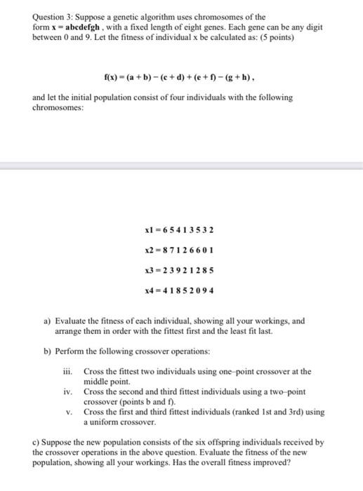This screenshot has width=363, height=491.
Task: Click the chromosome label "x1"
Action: coord(147,230)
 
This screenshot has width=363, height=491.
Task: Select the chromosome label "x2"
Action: coord(147,250)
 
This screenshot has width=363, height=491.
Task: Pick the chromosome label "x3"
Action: coord(147,269)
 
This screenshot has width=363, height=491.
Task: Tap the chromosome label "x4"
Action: coord(147,289)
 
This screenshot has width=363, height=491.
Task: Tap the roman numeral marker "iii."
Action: coord(70,371)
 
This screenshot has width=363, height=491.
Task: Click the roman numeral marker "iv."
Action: coord(70,392)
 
